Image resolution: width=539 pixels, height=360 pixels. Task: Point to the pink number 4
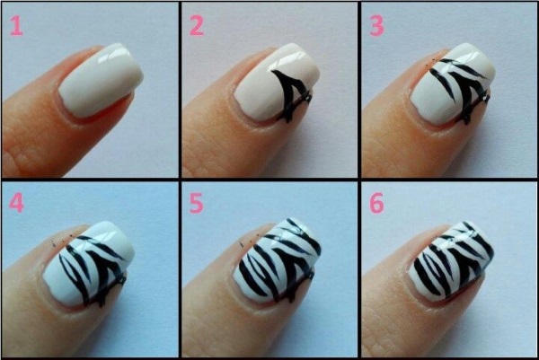[16, 204]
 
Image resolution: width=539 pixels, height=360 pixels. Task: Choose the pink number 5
[197, 204]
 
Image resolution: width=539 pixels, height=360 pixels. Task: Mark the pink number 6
[376, 204]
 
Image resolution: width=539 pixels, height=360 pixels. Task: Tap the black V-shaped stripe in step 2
[289, 94]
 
